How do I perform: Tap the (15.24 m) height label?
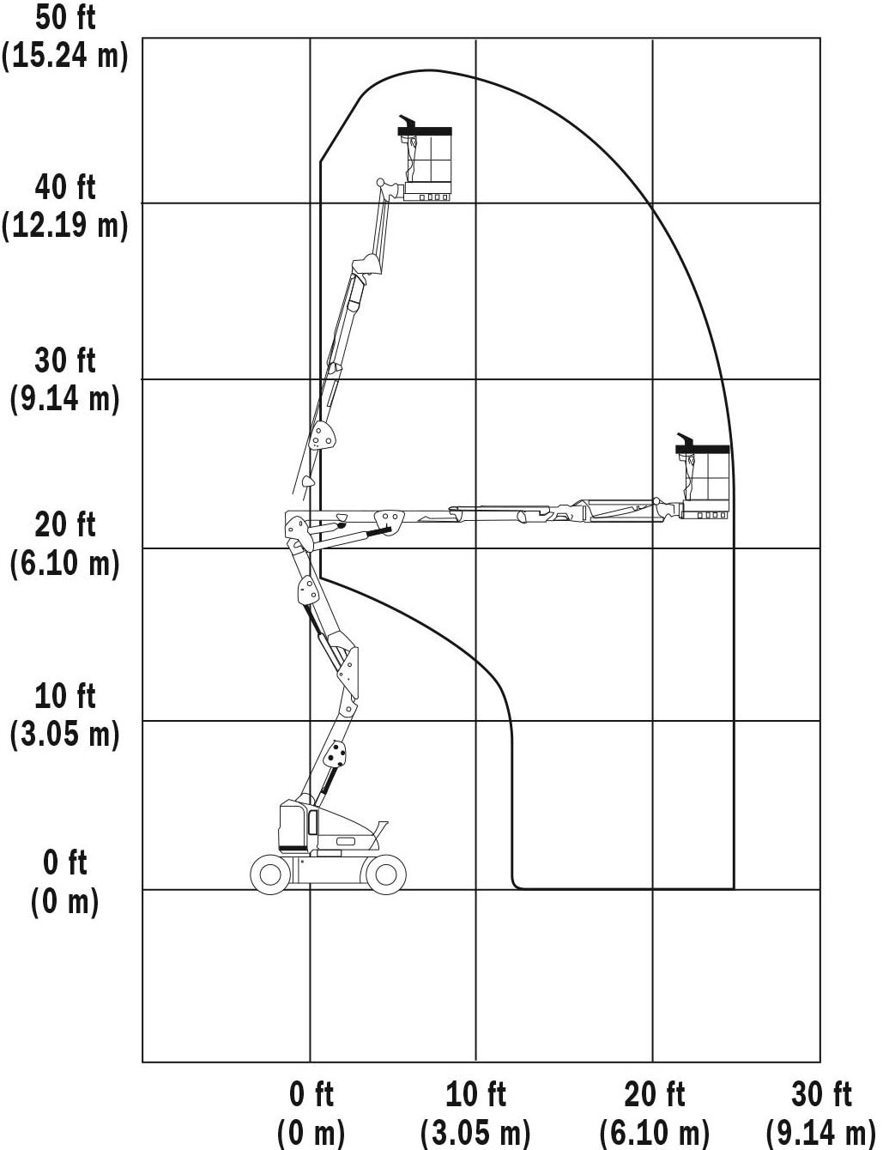pyautogui.click(x=65, y=56)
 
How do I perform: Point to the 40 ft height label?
pyautogui.click(x=65, y=188)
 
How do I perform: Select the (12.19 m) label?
pyautogui.click(x=65, y=226)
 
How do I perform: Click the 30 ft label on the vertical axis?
pyautogui.click(x=65, y=360)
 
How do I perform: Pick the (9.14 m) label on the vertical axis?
pyautogui.click(x=65, y=398)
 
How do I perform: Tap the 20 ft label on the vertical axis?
pyautogui.click(x=65, y=525)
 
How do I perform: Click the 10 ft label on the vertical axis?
pyautogui.click(x=65, y=697)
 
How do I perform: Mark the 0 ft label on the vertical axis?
pyautogui.click(x=65, y=863)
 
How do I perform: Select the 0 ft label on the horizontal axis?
pyautogui.click(x=311, y=1094)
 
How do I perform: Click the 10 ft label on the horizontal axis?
pyautogui.click(x=475, y=1094)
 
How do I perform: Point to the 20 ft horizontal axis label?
pyautogui.click(x=655, y=1094)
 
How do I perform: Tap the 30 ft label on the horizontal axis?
pyautogui.click(x=822, y=1094)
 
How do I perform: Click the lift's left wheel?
pyautogui.click(x=270, y=875)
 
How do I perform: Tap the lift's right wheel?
pyautogui.click(x=385, y=875)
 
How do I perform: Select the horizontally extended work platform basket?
pyautogui.click(x=705, y=476)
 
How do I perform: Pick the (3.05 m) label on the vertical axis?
pyautogui.click(x=65, y=735)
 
